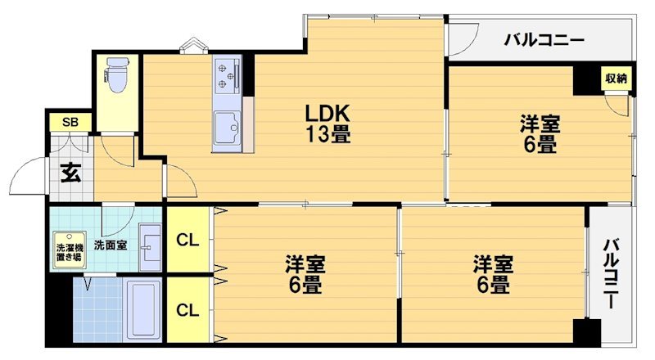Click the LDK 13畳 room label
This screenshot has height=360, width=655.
click(x=329, y=124)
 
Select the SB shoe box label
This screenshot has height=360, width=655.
click(x=71, y=123)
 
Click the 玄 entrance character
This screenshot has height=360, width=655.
click(x=70, y=173)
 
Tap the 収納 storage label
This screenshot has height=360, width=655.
click(x=617, y=79)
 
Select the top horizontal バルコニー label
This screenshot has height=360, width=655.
click(x=543, y=38)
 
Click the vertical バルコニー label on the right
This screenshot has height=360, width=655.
click(x=611, y=273)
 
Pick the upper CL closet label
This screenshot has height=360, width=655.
click(x=187, y=241)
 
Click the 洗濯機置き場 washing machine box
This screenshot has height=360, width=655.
click(x=68, y=250)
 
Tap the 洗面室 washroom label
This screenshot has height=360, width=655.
click(x=110, y=244)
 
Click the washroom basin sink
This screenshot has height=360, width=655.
click(x=150, y=245)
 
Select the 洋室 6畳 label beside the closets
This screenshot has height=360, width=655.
click(x=305, y=275)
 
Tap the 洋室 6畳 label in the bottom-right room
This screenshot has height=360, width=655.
click(x=493, y=275)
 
